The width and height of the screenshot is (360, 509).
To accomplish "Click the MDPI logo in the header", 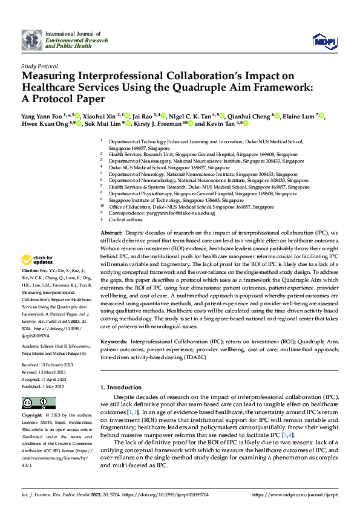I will click(x=324, y=41).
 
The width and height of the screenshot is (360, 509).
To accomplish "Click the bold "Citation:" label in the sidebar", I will click(x=30, y=270).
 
